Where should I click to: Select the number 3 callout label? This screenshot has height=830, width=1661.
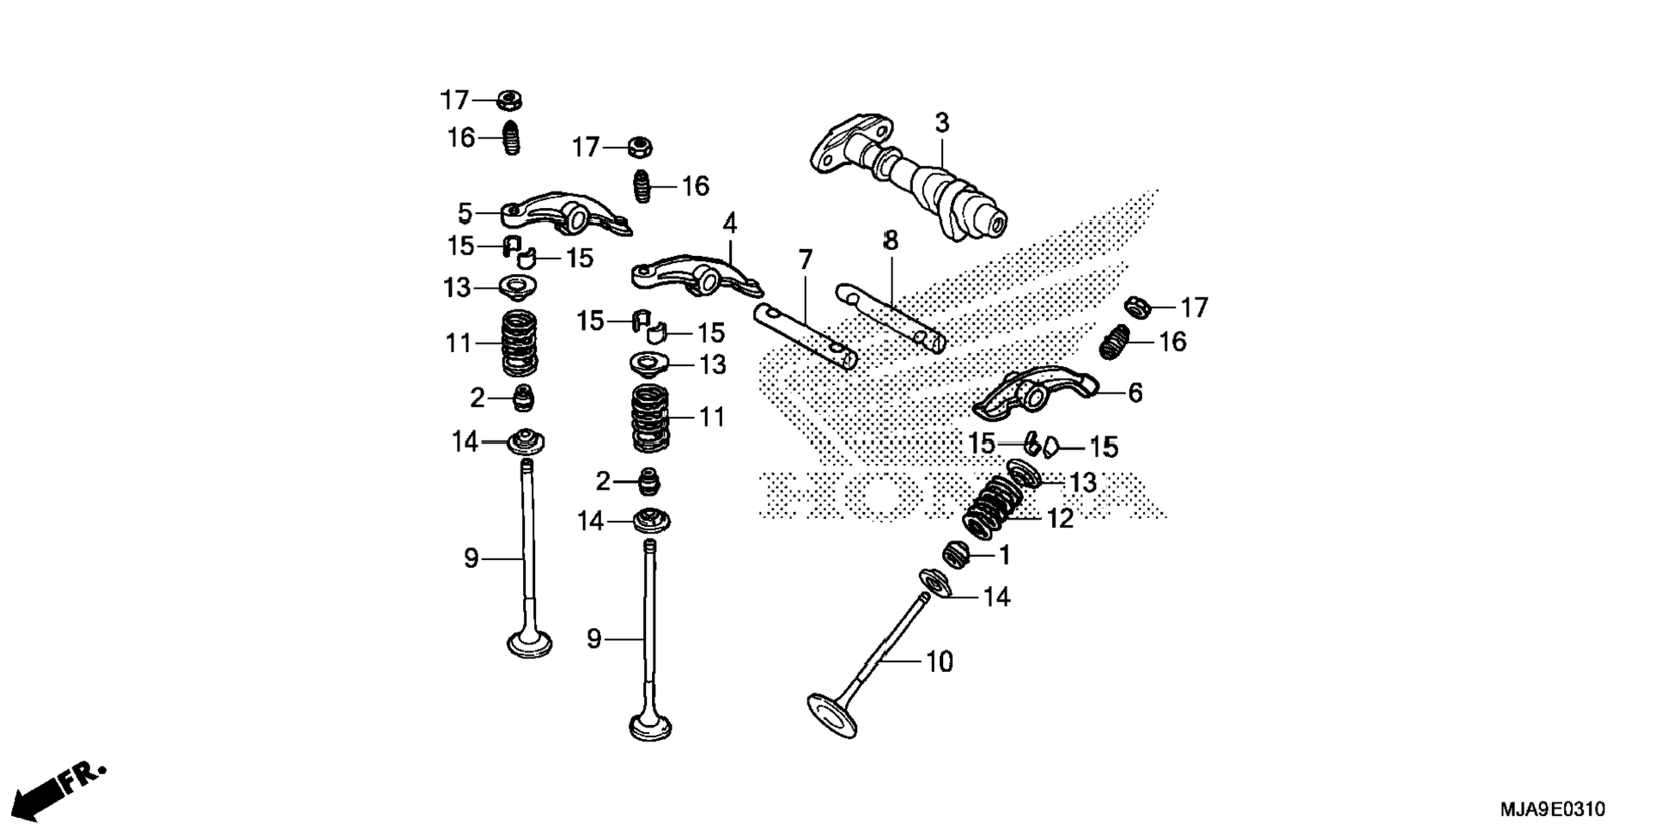pyautogui.click(x=942, y=124)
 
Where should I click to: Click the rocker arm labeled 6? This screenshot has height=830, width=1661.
pyautogui.click(x=1035, y=392)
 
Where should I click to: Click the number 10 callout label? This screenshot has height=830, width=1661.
pyautogui.click(x=940, y=662)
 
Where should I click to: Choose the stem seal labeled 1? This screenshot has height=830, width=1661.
pyautogui.click(x=955, y=554)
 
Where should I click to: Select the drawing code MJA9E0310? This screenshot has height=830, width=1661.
pyautogui.click(x=1552, y=809)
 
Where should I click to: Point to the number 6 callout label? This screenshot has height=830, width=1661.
pyautogui.click(x=1135, y=394)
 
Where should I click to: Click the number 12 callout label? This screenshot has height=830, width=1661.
pyautogui.click(x=1061, y=519)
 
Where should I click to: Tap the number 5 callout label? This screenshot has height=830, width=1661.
pyautogui.click(x=465, y=213)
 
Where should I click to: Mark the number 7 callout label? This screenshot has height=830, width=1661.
pyautogui.click(x=805, y=259)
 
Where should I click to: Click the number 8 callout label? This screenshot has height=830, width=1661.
pyautogui.click(x=891, y=241)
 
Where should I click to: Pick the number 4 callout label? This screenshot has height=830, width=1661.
pyautogui.click(x=729, y=224)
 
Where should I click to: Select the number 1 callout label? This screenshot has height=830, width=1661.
pyautogui.click(x=1004, y=556)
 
